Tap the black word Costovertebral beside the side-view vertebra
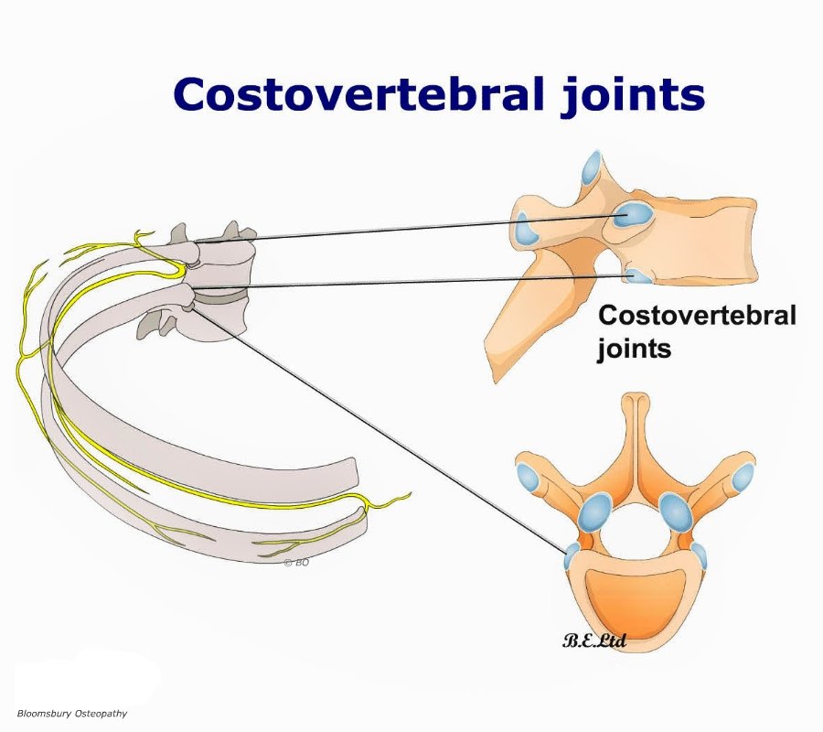(x=697, y=316)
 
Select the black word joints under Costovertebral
(x=634, y=348)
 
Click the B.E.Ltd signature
(x=594, y=640)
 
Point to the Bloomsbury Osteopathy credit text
(x=72, y=713)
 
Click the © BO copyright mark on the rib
(x=296, y=563)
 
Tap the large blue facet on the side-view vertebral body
(x=632, y=214)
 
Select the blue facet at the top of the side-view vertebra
(x=592, y=168)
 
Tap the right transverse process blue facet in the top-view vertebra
(x=742, y=477)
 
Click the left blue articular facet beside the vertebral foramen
(x=594, y=512)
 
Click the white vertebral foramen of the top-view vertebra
(x=636, y=531)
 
